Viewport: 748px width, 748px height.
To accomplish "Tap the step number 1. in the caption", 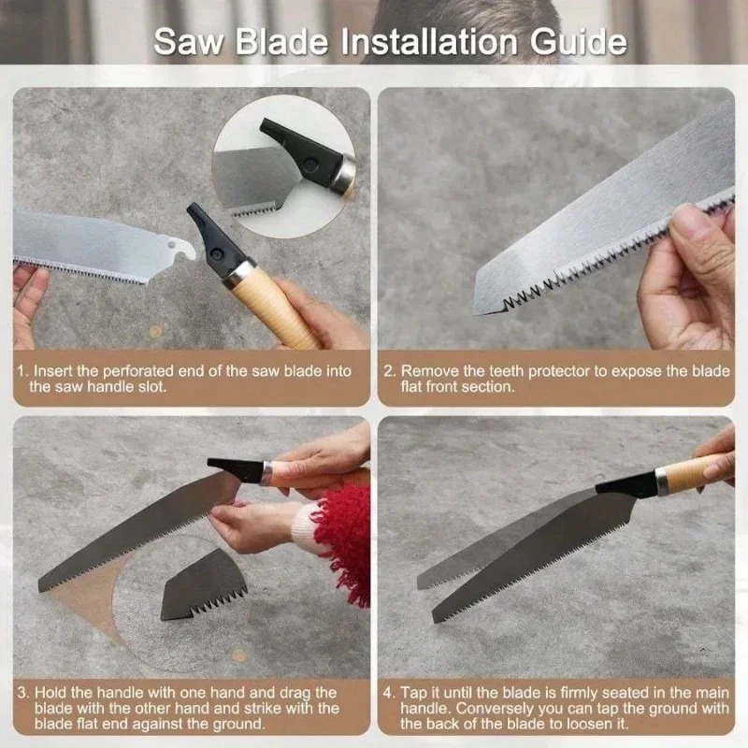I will pos(23,371).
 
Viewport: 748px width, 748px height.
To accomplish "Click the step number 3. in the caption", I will pos(23,692).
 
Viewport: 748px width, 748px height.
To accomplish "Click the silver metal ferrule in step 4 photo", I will pos(662,480).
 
